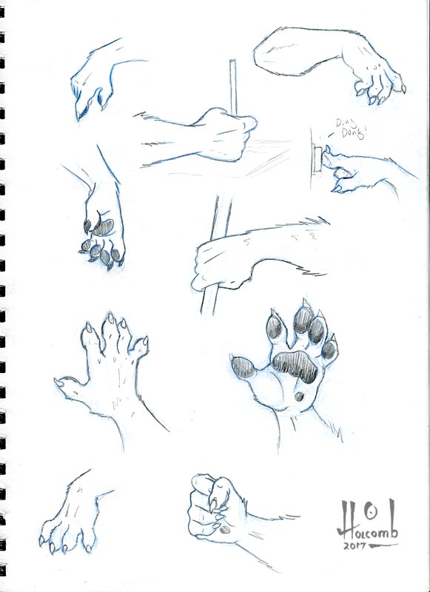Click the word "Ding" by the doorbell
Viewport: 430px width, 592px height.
344,123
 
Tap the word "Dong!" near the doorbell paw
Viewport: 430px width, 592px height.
354,133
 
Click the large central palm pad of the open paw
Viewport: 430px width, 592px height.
295,366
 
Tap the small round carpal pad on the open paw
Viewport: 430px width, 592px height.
299,397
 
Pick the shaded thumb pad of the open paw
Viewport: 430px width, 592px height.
243,367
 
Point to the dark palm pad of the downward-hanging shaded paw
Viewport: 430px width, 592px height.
103,227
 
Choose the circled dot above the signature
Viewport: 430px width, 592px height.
372,512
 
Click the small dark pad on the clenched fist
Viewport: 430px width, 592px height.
225,529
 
